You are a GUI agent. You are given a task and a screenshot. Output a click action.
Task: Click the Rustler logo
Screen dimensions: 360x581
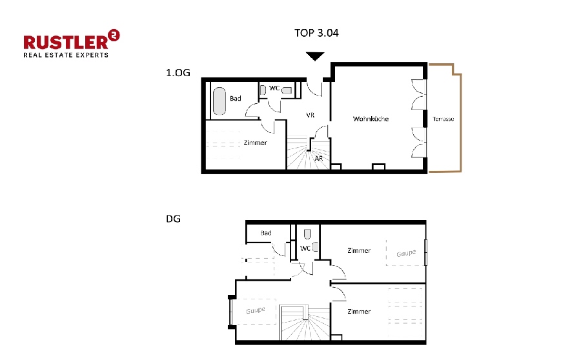click(71, 43)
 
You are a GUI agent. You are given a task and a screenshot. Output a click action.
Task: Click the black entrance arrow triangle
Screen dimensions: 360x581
click(314, 57)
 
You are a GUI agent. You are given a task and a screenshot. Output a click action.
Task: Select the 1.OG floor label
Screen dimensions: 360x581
click(178, 73)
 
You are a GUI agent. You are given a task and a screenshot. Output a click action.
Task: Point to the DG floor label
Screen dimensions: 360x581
click(174, 218)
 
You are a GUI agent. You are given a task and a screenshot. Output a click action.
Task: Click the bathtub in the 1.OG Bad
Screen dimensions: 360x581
click(219, 101)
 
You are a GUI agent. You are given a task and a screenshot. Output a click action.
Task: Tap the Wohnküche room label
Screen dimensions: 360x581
click(371, 119)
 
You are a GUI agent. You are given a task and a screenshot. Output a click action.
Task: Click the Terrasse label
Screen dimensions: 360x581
click(443, 119)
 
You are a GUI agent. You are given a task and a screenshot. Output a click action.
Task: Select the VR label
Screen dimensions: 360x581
click(310, 115)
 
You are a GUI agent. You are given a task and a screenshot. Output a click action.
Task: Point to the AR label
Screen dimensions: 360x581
click(319, 157)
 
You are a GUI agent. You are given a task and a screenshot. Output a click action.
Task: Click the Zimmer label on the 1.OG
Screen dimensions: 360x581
click(256, 143)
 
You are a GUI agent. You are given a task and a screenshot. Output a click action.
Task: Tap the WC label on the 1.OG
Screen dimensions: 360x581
click(274, 88)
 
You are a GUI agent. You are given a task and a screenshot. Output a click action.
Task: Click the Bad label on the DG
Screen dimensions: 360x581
click(266, 233)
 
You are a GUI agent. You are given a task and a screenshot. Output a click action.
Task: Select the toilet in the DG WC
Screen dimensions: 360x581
click(307, 234)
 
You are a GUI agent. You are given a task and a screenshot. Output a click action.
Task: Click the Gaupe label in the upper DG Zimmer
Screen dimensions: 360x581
click(405, 254)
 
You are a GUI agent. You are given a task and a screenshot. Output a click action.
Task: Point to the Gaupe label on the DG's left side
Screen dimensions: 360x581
click(256, 311)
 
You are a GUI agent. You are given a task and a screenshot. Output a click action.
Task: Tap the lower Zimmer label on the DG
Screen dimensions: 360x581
click(358, 312)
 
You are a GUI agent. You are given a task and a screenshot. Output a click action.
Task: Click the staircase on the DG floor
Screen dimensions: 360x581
click(303, 323)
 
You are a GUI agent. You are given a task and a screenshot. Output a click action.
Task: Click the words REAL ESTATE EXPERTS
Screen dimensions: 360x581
click(66, 55)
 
